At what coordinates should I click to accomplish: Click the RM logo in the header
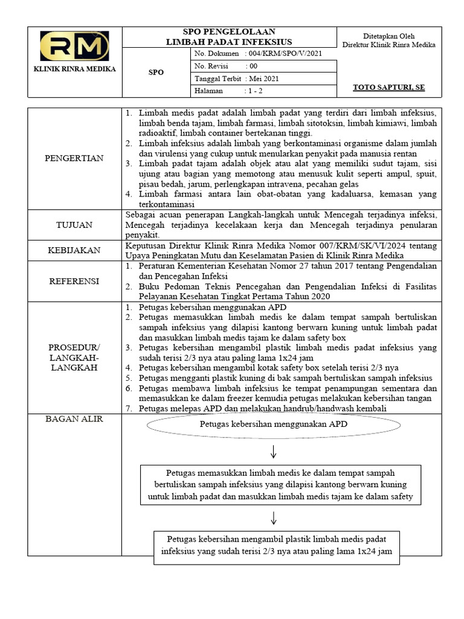[74, 47]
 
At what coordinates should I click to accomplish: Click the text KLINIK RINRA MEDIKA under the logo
[75, 69]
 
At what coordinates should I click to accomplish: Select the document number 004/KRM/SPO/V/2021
[282, 54]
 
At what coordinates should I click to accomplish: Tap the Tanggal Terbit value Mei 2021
[263, 79]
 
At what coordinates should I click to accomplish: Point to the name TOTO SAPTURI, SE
[389, 88]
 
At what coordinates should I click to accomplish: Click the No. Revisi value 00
[252, 66]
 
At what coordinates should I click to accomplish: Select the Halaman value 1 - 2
[254, 91]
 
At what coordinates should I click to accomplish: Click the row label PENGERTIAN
[74, 158]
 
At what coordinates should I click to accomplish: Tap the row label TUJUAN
[74, 225]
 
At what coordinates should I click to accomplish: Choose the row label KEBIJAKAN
[74, 250]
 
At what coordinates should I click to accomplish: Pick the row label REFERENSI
[74, 281]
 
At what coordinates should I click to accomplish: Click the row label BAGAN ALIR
[74, 419]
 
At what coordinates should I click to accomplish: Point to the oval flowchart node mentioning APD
[274, 424]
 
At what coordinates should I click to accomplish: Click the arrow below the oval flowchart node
[273, 451]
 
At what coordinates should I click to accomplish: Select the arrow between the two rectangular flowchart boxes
[273, 517]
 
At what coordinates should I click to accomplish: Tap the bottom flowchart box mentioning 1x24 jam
[277, 546]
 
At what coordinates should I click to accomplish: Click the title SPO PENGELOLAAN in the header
[229, 32]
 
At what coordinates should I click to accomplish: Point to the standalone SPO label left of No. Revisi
[156, 72]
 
